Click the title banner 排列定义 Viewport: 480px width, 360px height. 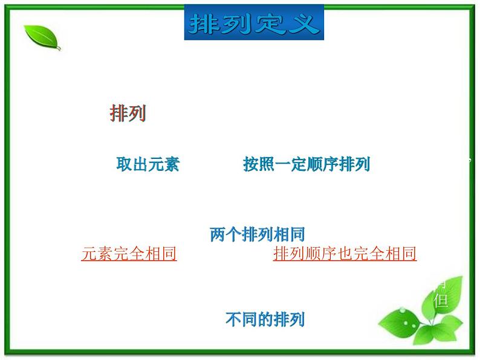pyautogui.click(x=254, y=23)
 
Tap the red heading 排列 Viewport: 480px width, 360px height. pyautogui.click(x=128, y=114)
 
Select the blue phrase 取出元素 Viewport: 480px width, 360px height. pyautogui.click(x=148, y=164)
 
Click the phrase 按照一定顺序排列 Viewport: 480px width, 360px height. pyautogui.click(x=306, y=164)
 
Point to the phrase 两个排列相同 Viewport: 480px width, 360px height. pyautogui.click(x=257, y=234)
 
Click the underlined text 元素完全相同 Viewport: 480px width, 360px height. pyautogui.click(x=129, y=254)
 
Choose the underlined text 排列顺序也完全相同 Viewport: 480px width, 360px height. pyautogui.click(x=345, y=254)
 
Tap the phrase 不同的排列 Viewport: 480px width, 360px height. pyautogui.click(x=265, y=319)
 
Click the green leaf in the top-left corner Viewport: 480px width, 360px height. pyautogui.click(x=42, y=37)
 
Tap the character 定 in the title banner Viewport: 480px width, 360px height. pyautogui.click(x=270, y=24)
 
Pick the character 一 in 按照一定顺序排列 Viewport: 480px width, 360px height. pyautogui.click(x=283, y=164)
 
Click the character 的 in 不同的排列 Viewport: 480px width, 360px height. pyautogui.click(x=265, y=319)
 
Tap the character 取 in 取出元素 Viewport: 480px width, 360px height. pyautogui.click(x=124, y=164)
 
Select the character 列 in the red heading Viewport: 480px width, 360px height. pyautogui.click(x=137, y=114)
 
